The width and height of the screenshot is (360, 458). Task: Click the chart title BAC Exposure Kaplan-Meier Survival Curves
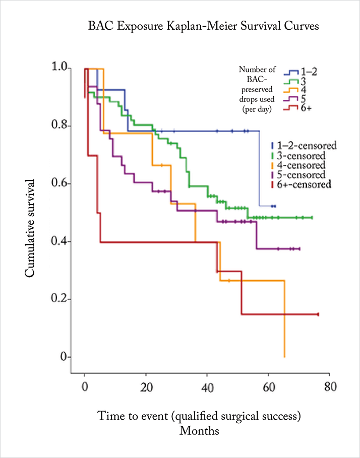pyautogui.click(x=203, y=27)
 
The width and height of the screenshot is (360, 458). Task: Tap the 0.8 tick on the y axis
pyautogui.click(x=61, y=126)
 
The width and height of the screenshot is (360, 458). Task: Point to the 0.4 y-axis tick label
pyautogui.click(x=61, y=241)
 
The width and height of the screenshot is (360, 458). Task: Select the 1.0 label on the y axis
pyautogui.click(x=61, y=69)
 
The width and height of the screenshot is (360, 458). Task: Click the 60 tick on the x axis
pyautogui.click(x=269, y=387)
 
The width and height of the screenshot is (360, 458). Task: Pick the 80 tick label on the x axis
pyautogui.click(x=330, y=387)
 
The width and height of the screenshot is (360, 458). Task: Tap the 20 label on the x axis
pyautogui.click(x=146, y=387)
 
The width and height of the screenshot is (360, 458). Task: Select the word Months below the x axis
pyautogui.click(x=199, y=431)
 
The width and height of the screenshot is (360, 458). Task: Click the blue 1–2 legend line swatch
pyautogui.click(x=291, y=72)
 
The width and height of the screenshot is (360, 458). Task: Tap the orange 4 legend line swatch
pyautogui.click(x=291, y=90)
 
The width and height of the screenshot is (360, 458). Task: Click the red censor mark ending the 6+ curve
pyautogui.click(x=318, y=314)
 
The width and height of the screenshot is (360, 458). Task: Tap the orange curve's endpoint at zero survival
pyautogui.click(x=284, y=357)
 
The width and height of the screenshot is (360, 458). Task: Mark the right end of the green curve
pyautogui.click(x=312, y=218)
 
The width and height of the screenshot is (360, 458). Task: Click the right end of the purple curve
pyautogui.click(x=300, y=249)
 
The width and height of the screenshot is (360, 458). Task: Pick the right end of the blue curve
pyautogui.click(x=275, y=206)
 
